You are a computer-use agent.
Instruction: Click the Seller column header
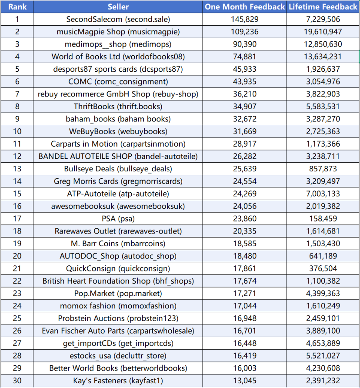click(x=118, y=7)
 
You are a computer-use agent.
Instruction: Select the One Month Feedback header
click(x=245, y=7)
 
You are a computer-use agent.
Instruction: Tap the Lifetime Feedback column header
click(x=323, y=7)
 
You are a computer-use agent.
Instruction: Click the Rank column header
click(x=17, y=7)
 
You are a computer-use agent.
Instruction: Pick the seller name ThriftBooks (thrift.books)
click(x=118, y=107)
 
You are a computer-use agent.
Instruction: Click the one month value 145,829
click(x=245, y=19)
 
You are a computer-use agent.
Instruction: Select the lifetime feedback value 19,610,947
click(x=323, y=32)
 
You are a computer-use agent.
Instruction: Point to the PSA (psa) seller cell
click(x=118, y=219)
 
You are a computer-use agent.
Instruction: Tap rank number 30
click(x=17, y=381)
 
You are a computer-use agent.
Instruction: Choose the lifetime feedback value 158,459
click(x=323, y=219)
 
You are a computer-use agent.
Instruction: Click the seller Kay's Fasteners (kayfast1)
click(x=118, y=381)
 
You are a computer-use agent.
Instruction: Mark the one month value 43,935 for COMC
click(x=245, y=81)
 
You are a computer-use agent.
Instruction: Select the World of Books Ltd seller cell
click(x=118, y=57)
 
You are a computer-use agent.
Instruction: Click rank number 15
click(x=17, y=194)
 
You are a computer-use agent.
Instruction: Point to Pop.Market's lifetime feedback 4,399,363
click(x=323, y=294)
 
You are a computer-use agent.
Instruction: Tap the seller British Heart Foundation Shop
click(x=118, y=281)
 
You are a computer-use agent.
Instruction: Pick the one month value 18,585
click(x=245, y=244)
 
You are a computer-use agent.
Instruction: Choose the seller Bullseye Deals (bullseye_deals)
click(x=118, y=169)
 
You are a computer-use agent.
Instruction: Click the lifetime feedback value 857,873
click(x=323, y=169)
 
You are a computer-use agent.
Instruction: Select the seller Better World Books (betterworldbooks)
click(x=118, y=368)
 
